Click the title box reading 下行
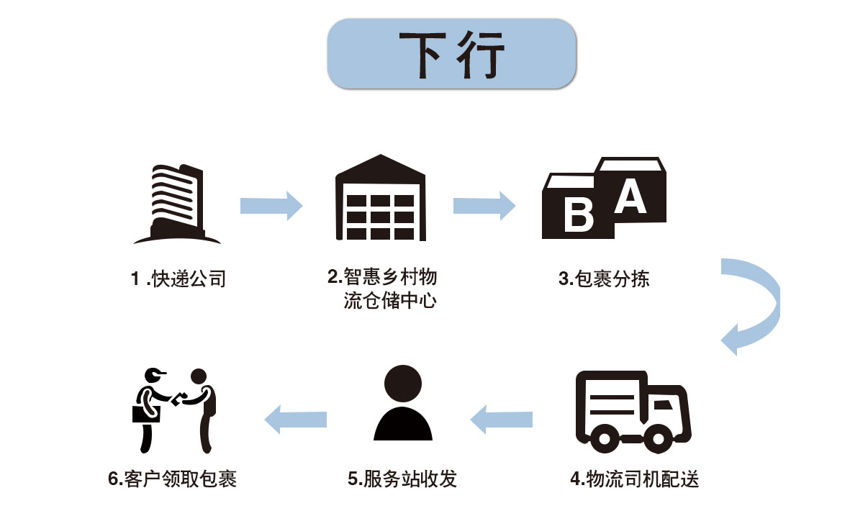pyautogui.click(x=451, y=54)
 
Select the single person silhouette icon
pyautogui.click(x=402, y=404)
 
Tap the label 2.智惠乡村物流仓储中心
pyautogui.click(x=383, y=289)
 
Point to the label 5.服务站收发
pyautogui.click(x=402, y=479)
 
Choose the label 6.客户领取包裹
pyautogui.click(x=173, y=479)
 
